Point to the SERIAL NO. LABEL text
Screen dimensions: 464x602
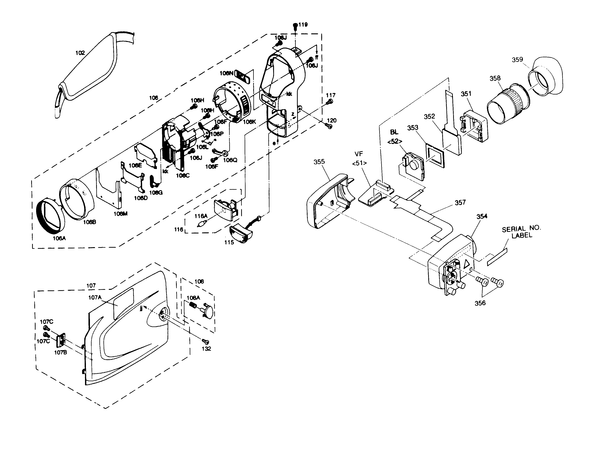[x=521, y=232]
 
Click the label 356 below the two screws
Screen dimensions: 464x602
[x=480, y=303]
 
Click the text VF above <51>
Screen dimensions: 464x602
[x=359, y=154]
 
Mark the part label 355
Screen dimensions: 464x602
[x=319, y=162]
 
